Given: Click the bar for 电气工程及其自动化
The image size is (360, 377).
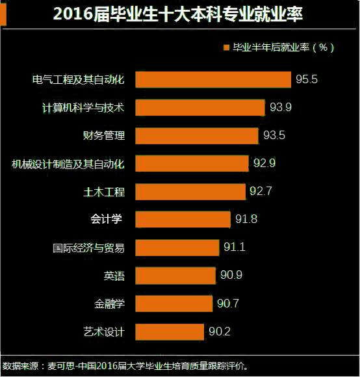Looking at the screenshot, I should (x=213, y=79).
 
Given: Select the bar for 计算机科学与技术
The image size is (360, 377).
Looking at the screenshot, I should (x=200, y=107).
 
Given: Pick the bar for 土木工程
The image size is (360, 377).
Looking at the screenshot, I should (x=191, y=191).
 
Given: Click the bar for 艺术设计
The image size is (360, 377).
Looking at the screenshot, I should (x=170, y=331).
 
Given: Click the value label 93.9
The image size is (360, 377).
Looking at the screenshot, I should (x=280, y=107).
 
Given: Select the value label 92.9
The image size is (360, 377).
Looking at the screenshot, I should (x=264, y=163).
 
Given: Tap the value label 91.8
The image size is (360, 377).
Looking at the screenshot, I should (x=246, y=219).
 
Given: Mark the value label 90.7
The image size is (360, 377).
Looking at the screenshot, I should (x=228, y=303).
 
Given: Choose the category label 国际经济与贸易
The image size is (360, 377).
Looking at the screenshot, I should (x=88, y=247).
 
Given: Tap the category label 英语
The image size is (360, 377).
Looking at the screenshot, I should (x=114, y=275).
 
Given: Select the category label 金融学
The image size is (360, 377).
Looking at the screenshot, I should (x=109, y=303).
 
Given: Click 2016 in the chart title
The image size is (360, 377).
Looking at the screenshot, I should (x=75, y=14).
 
